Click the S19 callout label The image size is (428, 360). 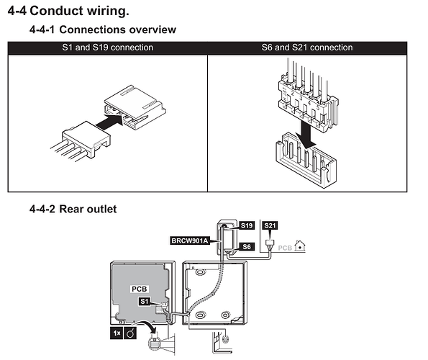[247, 225]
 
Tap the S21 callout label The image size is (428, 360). [270, 225]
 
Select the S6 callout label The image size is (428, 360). [247, 247]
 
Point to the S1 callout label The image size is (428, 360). [145, 301]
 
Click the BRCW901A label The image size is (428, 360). [190, 240]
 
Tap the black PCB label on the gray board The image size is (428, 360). [140, 289]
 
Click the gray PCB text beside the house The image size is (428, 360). [285, 248]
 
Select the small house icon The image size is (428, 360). [300, 246]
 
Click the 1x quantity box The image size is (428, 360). [117, 333]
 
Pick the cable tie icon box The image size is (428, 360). [130, 333]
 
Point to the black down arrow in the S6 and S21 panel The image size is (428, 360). [306, 134]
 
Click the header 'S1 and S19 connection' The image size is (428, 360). [108, 48]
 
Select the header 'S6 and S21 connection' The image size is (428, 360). [307, 48]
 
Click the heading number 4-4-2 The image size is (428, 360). [42, 210]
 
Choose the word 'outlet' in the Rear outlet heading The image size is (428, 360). [102, 210]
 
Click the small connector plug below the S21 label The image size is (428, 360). [270, 243]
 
